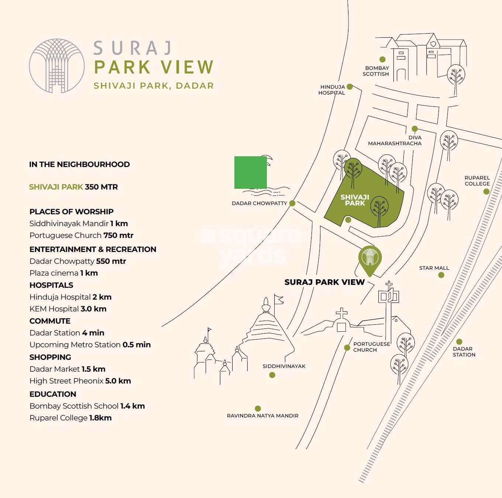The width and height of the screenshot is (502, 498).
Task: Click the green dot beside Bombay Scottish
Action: coord(382,59)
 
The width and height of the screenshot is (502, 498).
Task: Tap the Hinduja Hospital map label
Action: coord(332,90)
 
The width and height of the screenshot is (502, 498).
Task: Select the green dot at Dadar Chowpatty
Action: coord(292,203)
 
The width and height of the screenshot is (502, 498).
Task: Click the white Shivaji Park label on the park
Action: coord(355,200)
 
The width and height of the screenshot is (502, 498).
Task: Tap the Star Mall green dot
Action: coord(441,275)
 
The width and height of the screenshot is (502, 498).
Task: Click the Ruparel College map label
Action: coord(477,181)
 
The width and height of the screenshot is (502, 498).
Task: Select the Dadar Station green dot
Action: coord(459,342)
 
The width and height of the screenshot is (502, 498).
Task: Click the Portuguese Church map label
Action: coord(371,347)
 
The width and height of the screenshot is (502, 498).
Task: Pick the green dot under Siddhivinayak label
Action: coord(272,375)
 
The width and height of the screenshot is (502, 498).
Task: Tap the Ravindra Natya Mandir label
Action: coord(262,416)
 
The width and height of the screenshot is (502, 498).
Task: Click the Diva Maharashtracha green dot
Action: coord(415,129)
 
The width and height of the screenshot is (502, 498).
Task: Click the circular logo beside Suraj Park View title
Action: coord(57,66)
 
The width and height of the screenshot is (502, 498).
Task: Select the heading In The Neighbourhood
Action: coord(79,164)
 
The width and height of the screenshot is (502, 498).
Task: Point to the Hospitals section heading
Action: coord(51,285)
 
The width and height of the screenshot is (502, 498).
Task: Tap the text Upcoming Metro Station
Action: coord(75,345)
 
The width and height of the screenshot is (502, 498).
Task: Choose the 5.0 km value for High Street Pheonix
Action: coord(118,381)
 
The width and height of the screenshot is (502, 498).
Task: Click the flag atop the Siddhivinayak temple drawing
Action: coord(279,299)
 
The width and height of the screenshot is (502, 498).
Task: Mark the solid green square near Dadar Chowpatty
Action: coord(251,172)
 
